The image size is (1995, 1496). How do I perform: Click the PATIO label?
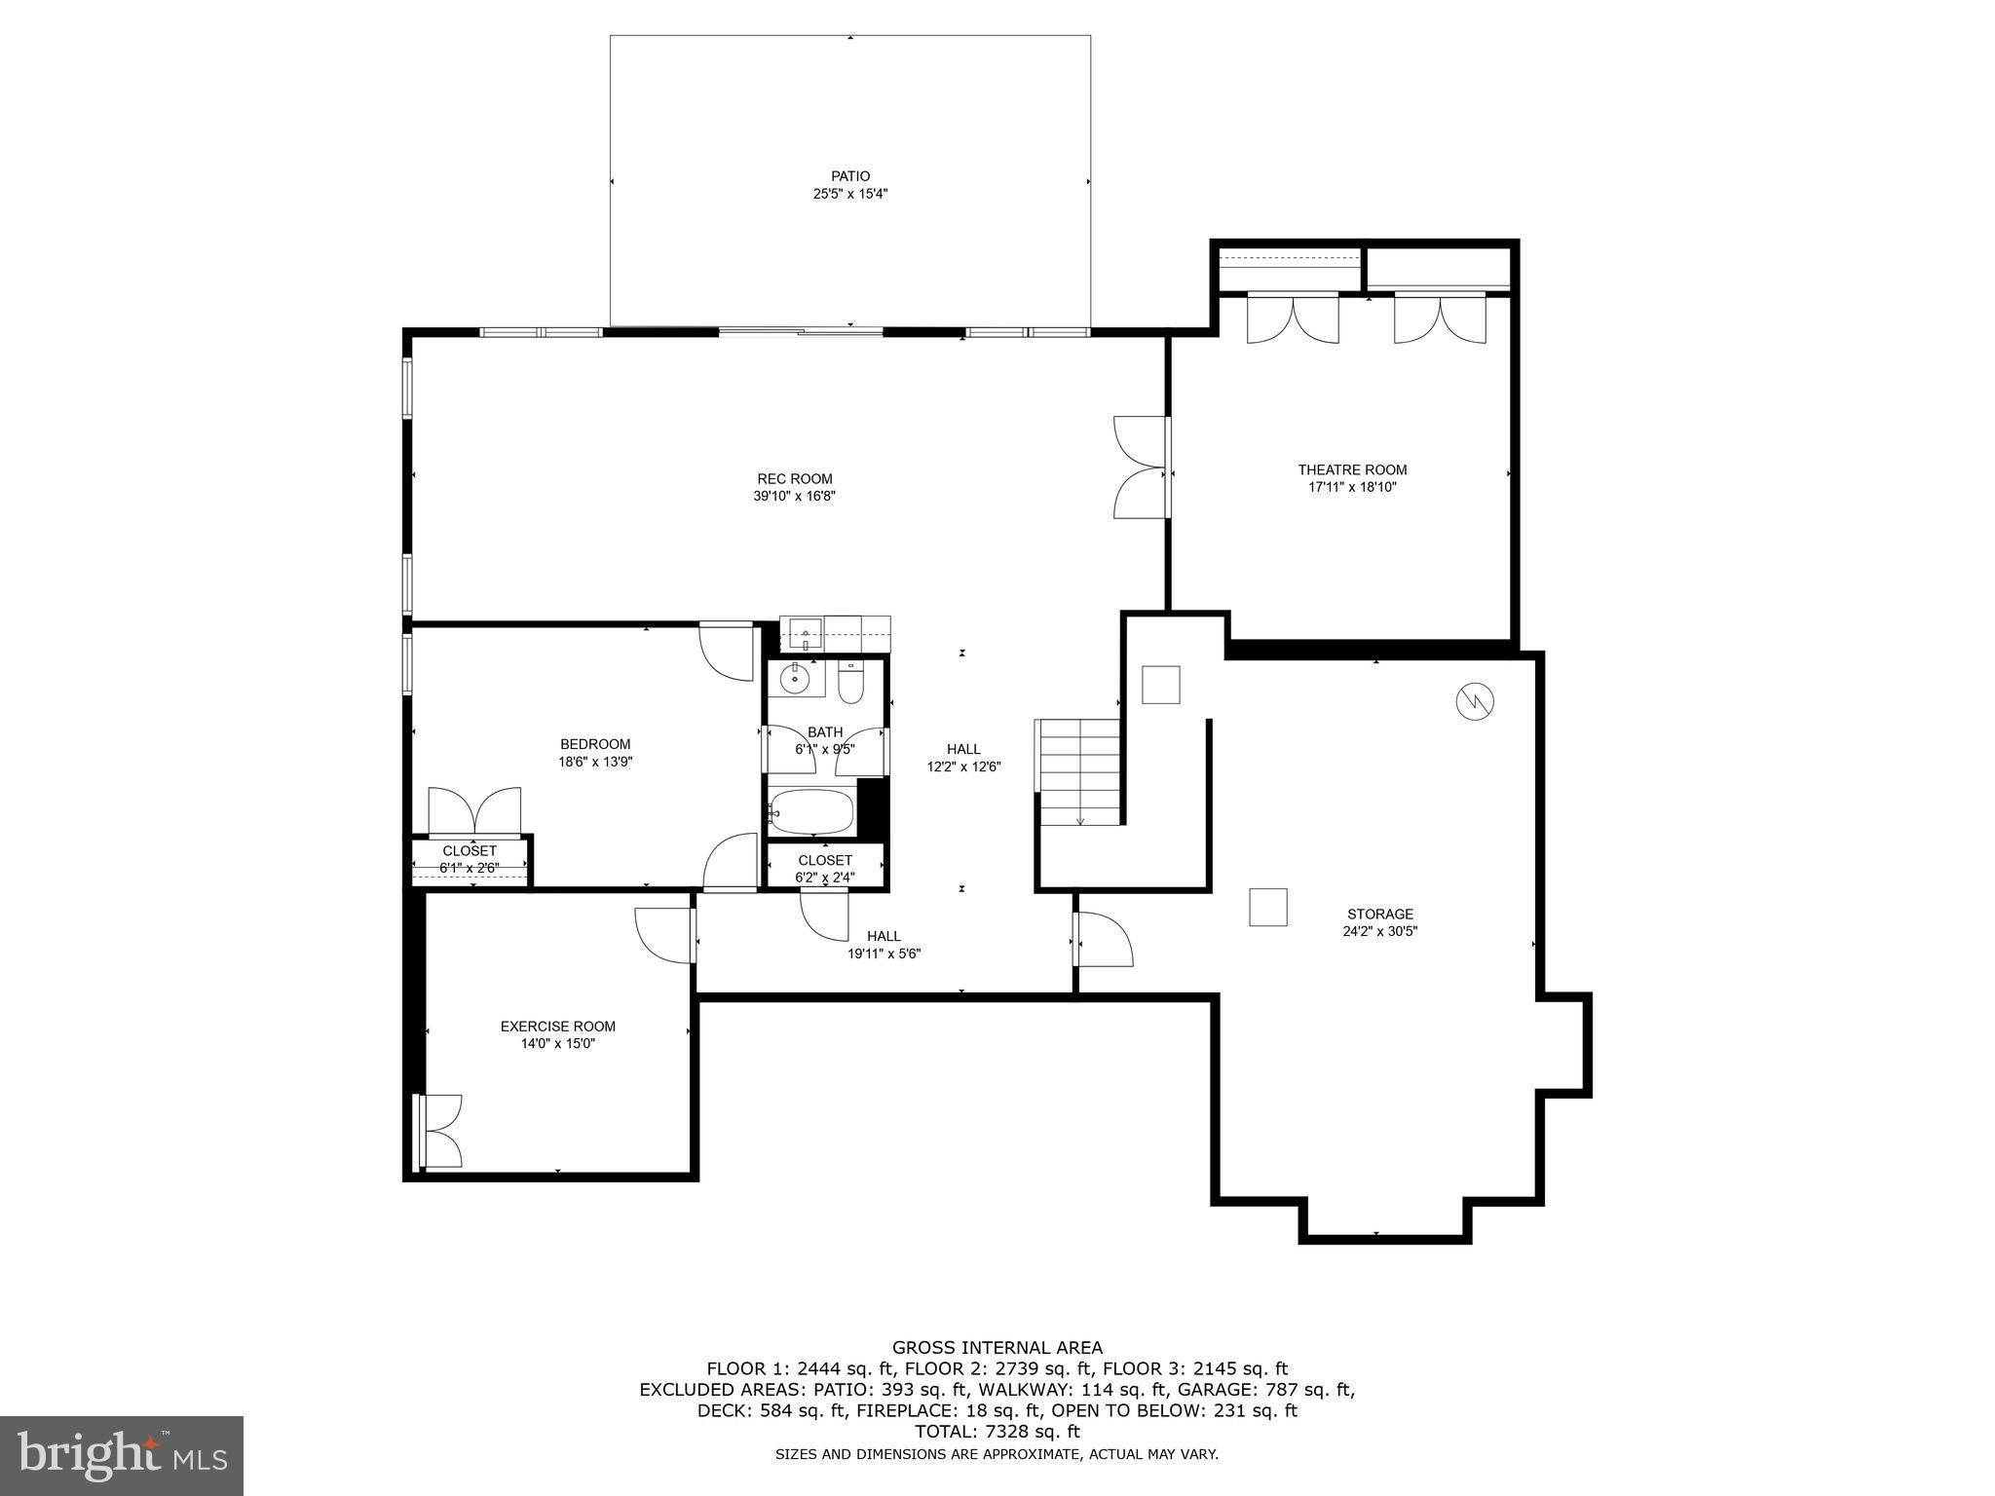point(849,176)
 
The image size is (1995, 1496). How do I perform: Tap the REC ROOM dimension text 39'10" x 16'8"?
point(795,496)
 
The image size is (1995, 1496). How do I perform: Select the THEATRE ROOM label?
point(1352,469)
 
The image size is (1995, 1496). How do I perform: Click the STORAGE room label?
point(1379,914)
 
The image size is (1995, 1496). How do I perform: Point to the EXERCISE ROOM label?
point(557,1026)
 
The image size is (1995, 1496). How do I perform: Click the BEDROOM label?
point(594,744)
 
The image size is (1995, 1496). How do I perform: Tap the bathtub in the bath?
point(811,810)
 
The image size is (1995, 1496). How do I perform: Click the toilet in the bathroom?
point(850,685)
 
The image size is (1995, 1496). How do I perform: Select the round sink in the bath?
point(796,679)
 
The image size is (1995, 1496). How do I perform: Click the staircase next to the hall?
point(1079,771)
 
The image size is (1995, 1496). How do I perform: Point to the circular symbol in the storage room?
point(1475,700)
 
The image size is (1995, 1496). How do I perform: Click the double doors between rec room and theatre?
point(1140,467)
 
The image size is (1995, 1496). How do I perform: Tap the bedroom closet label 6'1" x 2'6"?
point(469,867)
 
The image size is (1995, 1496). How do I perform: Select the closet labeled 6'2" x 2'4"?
point(825,868)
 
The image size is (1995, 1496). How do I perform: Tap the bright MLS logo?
point(122,1456)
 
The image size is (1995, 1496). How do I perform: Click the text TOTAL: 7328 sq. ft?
point(997,1431)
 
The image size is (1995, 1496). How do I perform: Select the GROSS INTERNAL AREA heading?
point(997,1348)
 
